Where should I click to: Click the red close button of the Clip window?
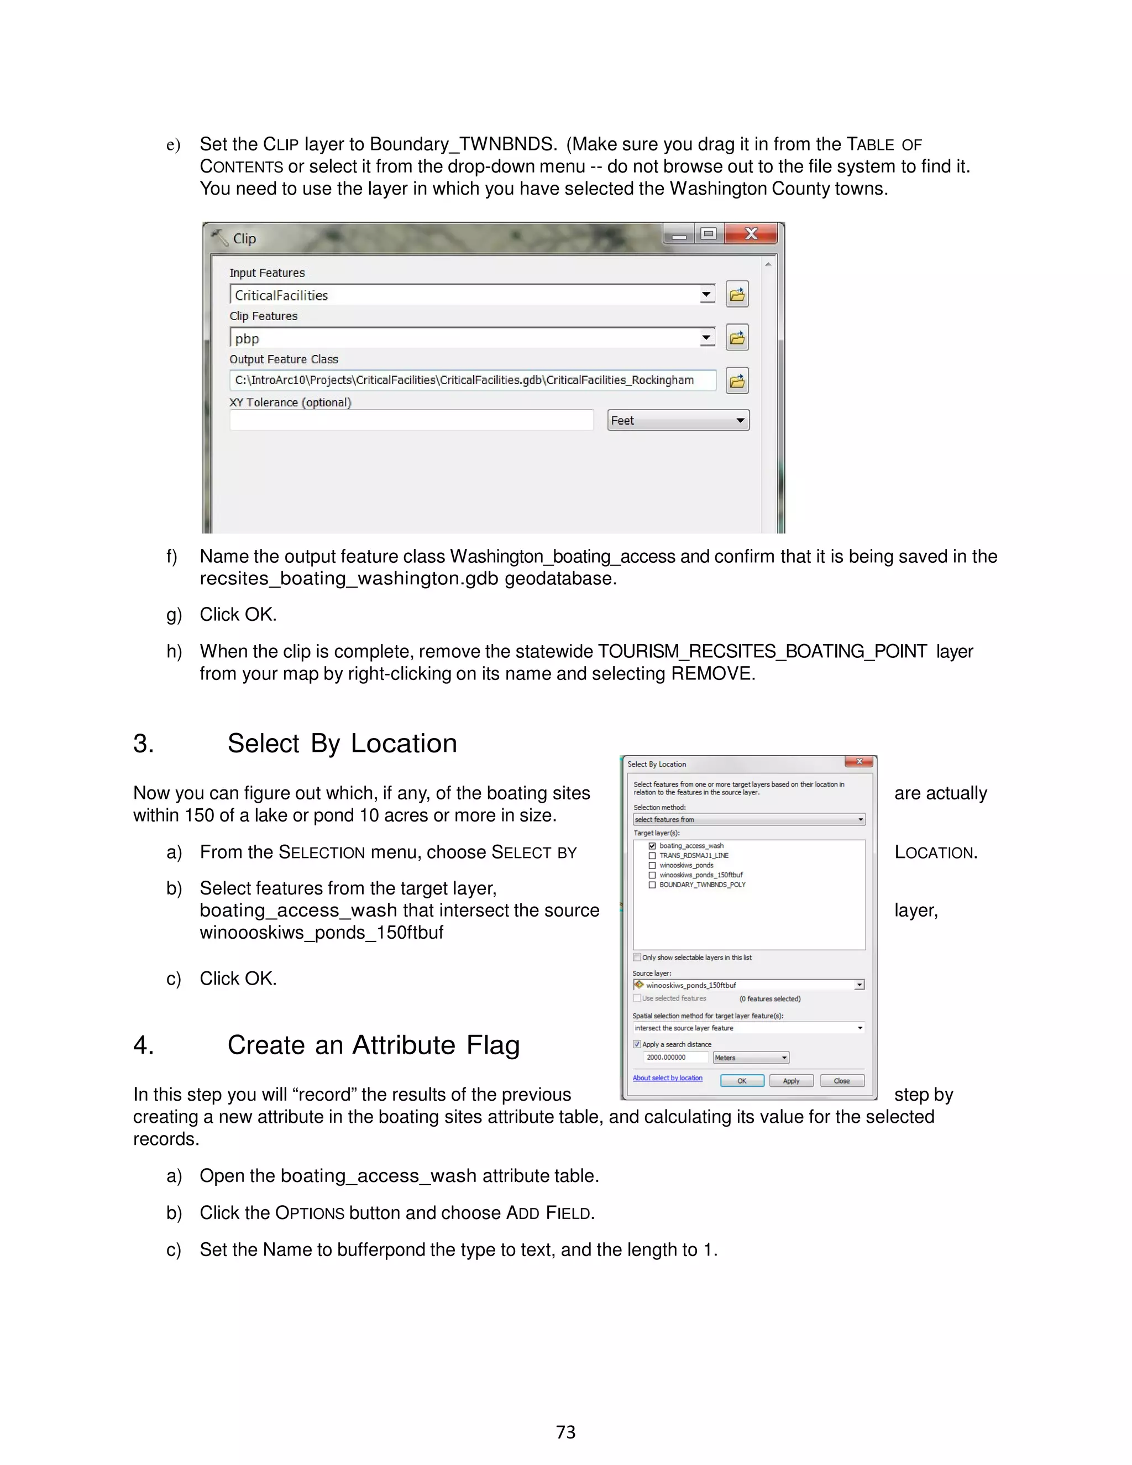click(751, 234)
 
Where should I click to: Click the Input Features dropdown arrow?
click(707, 295)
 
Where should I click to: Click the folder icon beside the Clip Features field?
click(737, 338)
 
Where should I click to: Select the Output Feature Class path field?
click(472, 380)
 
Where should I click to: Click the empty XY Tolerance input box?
click(411, 421)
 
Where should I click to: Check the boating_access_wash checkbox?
click(652, 846)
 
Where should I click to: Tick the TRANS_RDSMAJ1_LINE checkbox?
click(652, 856)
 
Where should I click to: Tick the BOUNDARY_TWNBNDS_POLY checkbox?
click(652, 885)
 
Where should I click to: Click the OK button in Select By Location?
click(742, 1081)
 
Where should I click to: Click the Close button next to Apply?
click(842, 1081)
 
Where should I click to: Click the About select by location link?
click(667, 1078)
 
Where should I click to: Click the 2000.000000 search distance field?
click(675, 1057)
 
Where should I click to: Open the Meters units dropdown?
click(751, 1058)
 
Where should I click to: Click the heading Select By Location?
click(342, 744)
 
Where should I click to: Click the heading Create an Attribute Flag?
click(373, 1045)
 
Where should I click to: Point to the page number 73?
click(565, 1432)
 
